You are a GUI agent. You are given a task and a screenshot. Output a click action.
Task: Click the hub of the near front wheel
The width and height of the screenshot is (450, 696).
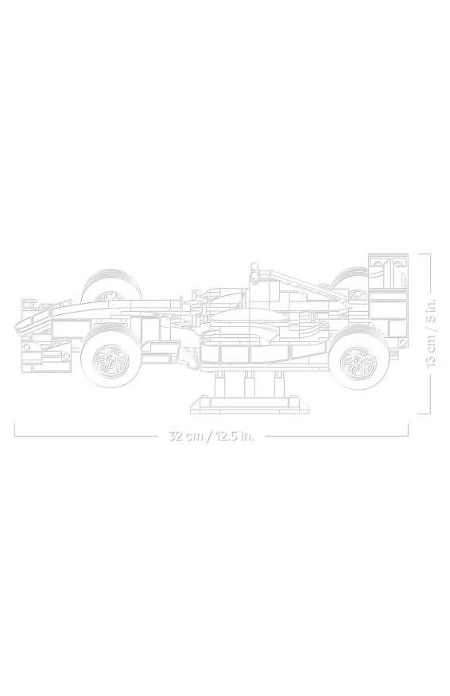coord(109,357)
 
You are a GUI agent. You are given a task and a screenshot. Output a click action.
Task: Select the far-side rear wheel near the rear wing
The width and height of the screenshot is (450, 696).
coord(351,278)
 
